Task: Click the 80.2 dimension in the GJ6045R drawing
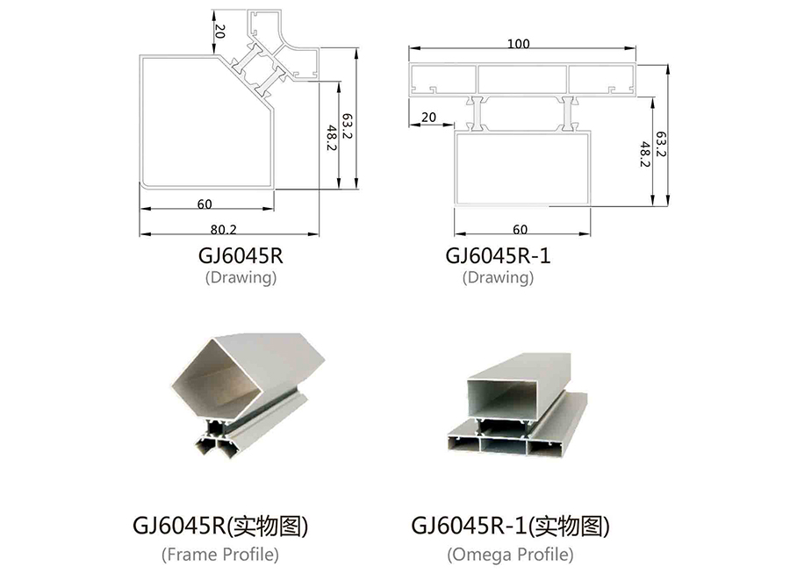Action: click(223, 230)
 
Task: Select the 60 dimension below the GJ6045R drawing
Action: click(205, 204)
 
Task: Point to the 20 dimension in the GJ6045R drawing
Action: click(219, 32)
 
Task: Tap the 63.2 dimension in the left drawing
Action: click(347, 126)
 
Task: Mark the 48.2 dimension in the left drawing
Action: click(331, 139)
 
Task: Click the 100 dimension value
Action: click(519, 44)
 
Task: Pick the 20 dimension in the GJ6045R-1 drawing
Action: click(428, 118)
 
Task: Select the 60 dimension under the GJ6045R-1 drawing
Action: click(520, 230)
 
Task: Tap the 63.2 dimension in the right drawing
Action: click(661, 144)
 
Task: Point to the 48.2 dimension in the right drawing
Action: click(645, 154)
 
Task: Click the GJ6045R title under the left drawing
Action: click(241, 255)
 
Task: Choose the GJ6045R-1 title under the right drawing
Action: click(498, 255)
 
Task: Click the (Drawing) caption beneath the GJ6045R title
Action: click(241, 277)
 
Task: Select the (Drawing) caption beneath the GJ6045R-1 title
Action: click(498, 277)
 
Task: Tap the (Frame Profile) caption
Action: click(220, 555)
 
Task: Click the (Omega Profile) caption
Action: click(510, 555)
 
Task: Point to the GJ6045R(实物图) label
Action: click(220, 526)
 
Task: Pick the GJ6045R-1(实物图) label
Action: click(510, 526)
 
